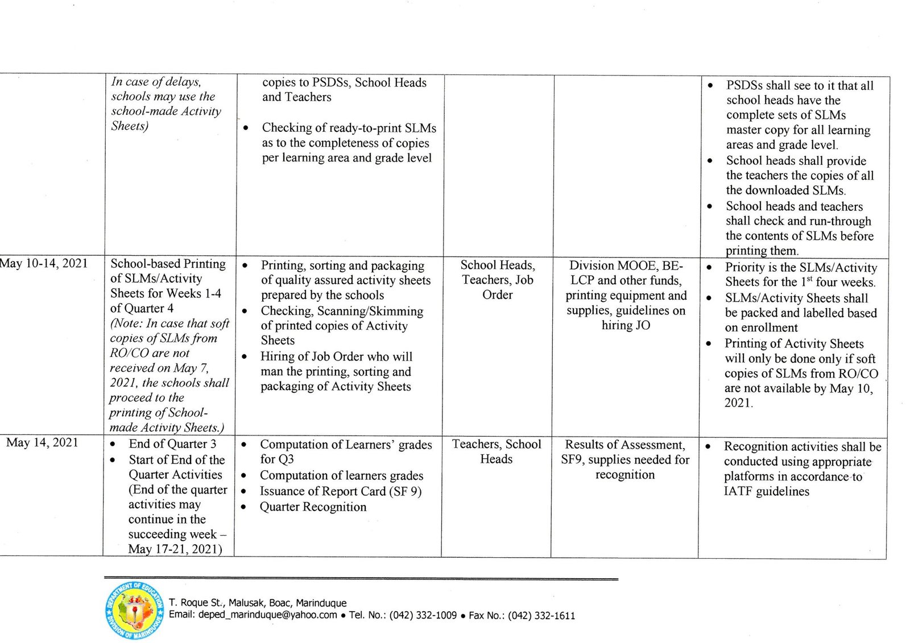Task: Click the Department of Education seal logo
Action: (135, 611)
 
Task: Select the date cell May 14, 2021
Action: (42, 443)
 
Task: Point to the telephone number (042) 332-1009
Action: (423, 615)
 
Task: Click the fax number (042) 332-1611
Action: (541, 615)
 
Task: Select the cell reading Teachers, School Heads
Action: (497, 451)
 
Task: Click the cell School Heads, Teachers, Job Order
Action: (498, 280)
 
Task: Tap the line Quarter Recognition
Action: (313, 507)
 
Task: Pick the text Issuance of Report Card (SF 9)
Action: (340, 491)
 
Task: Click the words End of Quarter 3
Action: (172, 444)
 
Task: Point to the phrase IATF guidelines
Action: (766, 491)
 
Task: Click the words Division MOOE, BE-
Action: (626, 266)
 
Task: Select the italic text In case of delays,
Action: (156, 82)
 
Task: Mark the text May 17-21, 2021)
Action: (175, 549)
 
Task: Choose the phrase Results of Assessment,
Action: (624, 445)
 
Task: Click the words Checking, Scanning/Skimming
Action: (342, 311)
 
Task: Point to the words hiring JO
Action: (626, 325)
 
